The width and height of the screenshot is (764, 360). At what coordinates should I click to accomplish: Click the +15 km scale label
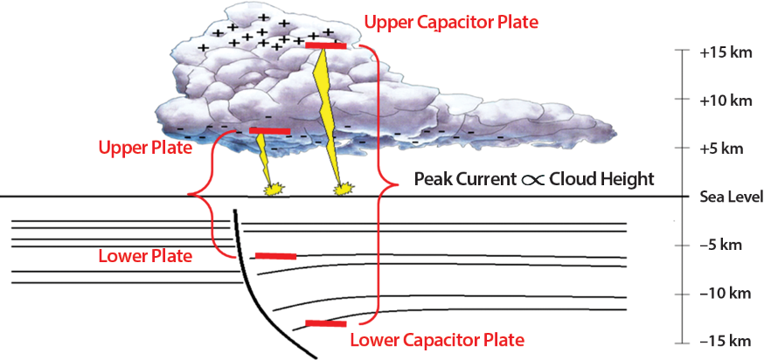pos(726,52)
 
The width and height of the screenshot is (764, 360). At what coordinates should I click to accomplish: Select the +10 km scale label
pos(726,100)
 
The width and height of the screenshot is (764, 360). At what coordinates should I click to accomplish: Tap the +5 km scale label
pos(722,149)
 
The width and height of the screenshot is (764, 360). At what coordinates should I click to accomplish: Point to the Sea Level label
pos(732,197)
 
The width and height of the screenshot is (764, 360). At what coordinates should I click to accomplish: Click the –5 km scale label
pos(722,245)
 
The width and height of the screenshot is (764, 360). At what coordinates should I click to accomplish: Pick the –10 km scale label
pos(726,293)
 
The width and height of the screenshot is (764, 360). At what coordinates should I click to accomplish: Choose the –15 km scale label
pos(726,341)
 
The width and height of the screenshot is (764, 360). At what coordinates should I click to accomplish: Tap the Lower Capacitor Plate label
pos(436,339)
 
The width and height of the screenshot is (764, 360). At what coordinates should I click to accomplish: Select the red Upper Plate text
pos(146,148)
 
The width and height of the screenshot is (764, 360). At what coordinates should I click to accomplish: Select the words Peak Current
pos(453,179)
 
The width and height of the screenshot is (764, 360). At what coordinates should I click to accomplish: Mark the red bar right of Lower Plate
pos(274,256)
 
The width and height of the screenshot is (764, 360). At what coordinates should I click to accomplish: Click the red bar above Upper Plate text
pos(269,131)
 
